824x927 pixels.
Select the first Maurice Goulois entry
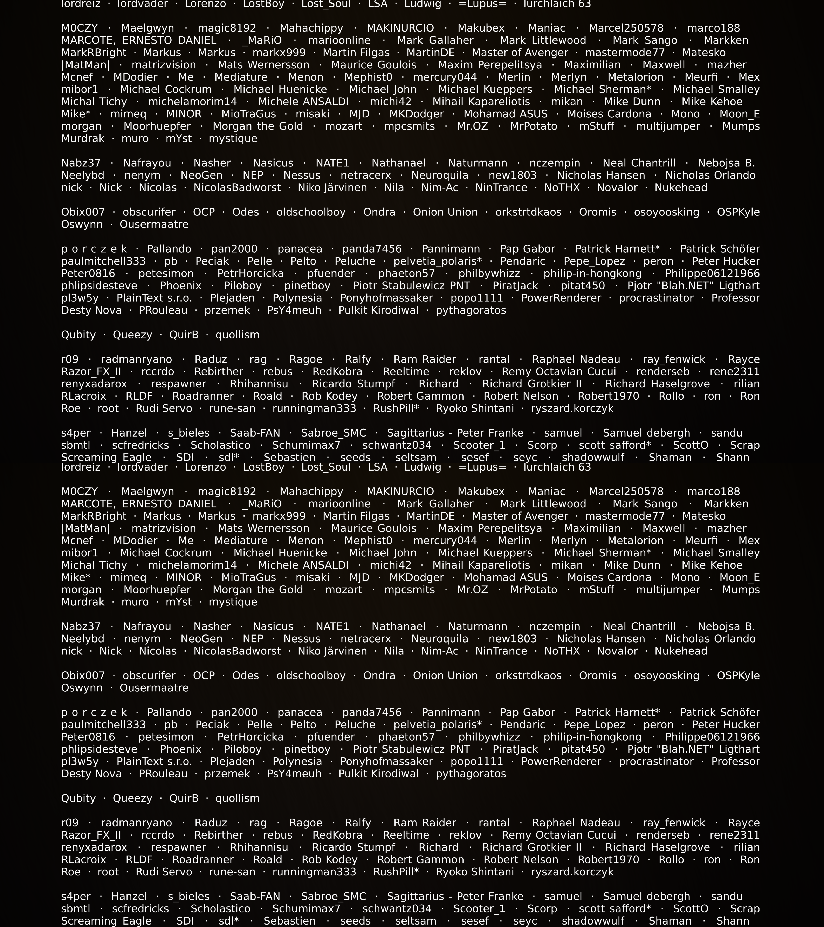pyautogui.click(x=374, y=65)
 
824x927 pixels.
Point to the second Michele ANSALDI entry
pyautogui.click(x=303, y=565)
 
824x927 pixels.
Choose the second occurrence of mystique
pyautogui.click(x=233, y=602)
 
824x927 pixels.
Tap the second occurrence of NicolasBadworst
pyautogui.click(x=237, y=651)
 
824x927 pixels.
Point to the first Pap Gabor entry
pyautogui.click(x=527, y=249)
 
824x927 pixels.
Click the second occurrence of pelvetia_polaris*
pyautogui.click(x=438, y=725)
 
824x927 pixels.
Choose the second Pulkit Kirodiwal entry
pyautogui.click(x=379, y=774)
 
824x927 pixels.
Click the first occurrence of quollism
pyautogui.click(x=237, y=335)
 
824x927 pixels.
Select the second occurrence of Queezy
pyautogui.click(x=132, y=798)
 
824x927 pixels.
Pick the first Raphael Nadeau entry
pyautogui.click(x=576, y=359)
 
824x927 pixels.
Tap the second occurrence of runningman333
pyautogui.click(x=314, y=872)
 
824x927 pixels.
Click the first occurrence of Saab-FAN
pyautogui.click(x=255, y=433)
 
